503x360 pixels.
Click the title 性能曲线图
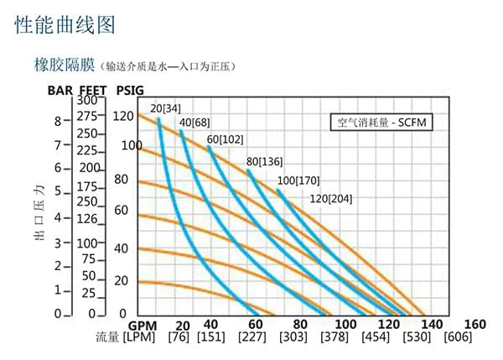tap(65, 25)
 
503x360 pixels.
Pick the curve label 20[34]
tap(165, 108)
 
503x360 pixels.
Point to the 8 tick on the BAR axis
tap(58, 121)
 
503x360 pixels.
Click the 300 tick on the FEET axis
tap(87, 101)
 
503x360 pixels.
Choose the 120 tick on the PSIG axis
tap(124, 116)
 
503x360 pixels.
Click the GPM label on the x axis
tap(143, 325)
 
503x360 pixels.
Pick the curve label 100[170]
tap(299, 180)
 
